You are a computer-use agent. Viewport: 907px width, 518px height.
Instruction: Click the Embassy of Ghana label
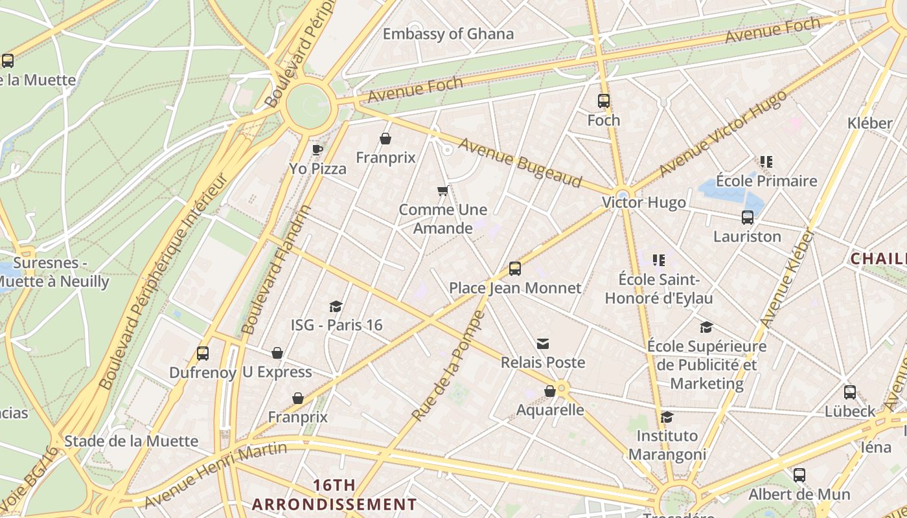click(x=448, y=34)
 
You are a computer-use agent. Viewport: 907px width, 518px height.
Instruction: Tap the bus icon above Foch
click(x=604, y=101)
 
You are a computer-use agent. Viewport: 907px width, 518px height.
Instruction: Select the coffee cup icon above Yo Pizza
click(x=317, y=150)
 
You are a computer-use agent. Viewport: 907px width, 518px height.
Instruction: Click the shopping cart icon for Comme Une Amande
click(x=443, y=190)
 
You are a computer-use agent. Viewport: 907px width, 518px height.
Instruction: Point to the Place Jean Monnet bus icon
click(x=515, y=268)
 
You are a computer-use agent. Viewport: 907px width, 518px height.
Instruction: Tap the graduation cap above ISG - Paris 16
click(x=336, y=306)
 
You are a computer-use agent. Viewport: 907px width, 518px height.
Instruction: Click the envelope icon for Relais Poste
click(x=543, y=343)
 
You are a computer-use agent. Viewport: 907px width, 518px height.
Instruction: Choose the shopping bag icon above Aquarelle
click(x=550, y=391)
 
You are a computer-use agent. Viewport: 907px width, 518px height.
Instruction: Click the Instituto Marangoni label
click(x=667, y=444)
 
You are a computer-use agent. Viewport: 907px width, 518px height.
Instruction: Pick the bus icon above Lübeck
click(x=850, y=392)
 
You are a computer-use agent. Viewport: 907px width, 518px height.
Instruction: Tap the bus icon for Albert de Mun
click(x=799, y=475)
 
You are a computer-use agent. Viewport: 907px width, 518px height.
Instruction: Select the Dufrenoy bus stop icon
click(x=203, y=354)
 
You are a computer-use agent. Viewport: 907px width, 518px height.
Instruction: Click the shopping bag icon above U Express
click(x=277, y=353)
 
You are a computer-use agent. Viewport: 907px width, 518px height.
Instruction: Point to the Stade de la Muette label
click(x=131, y=441)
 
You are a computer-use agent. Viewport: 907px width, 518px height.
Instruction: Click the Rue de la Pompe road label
click(x=448, y=366)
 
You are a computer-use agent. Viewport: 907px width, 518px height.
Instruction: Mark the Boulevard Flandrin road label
click(x=276, y=269)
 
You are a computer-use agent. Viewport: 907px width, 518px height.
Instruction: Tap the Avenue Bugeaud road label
click(x=520, y=162)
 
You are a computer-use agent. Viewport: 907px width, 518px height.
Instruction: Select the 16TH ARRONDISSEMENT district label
click(x=334, y=495)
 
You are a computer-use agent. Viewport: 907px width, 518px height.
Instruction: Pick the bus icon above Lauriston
click(x=748, y=218)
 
